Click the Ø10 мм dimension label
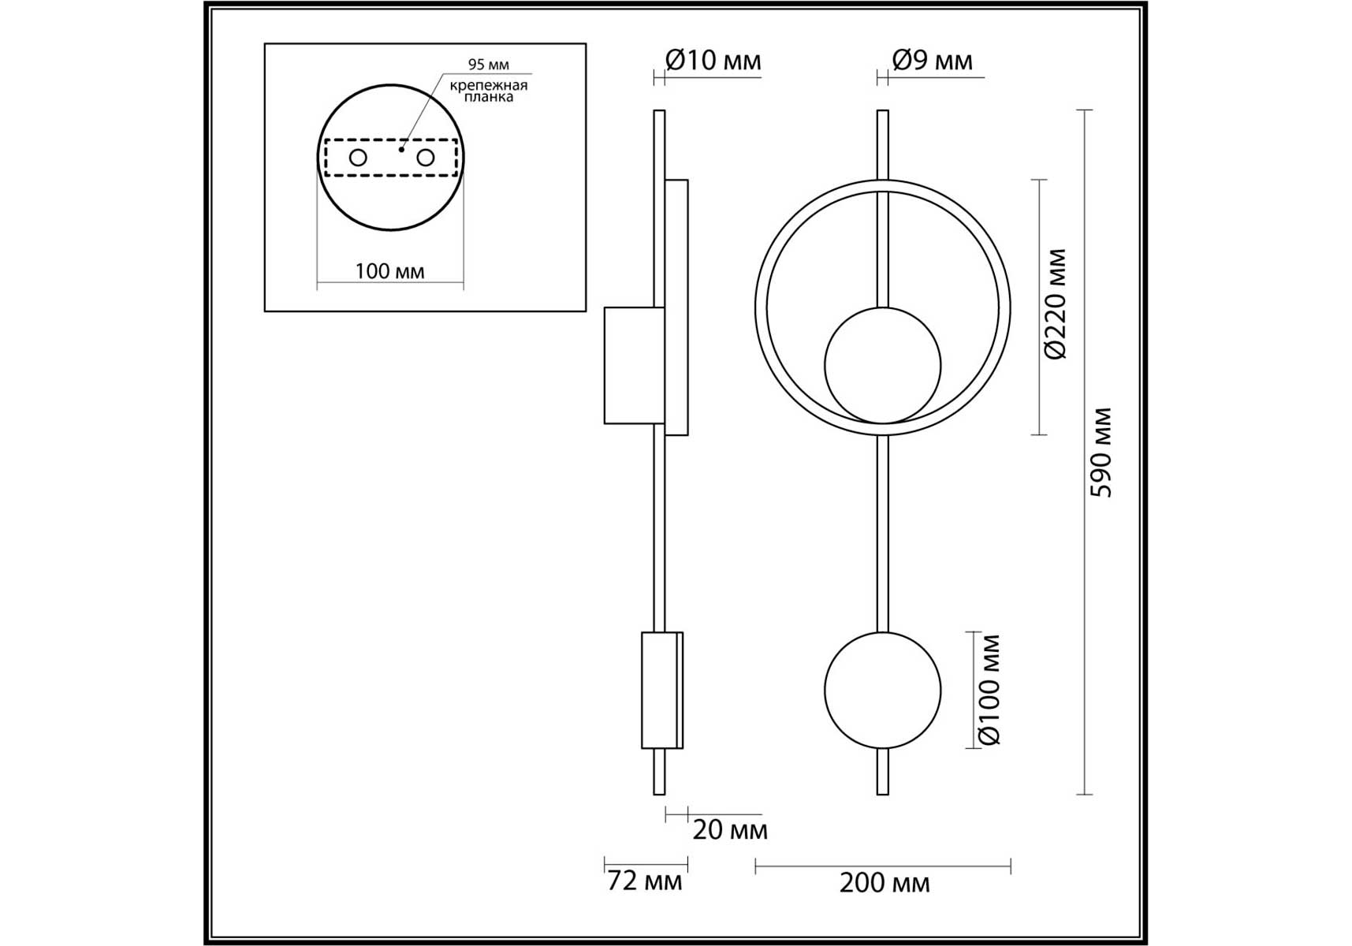(713, 61)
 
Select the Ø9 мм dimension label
(932, 61)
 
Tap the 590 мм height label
(1101, 453)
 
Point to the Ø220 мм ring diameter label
(1055, 304)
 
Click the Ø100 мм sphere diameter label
(989, 690)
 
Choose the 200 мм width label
(885, 883)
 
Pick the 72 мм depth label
(645, 881)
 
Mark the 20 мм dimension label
(730, 829)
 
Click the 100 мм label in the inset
(389, 271)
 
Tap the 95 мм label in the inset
(489, 65)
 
